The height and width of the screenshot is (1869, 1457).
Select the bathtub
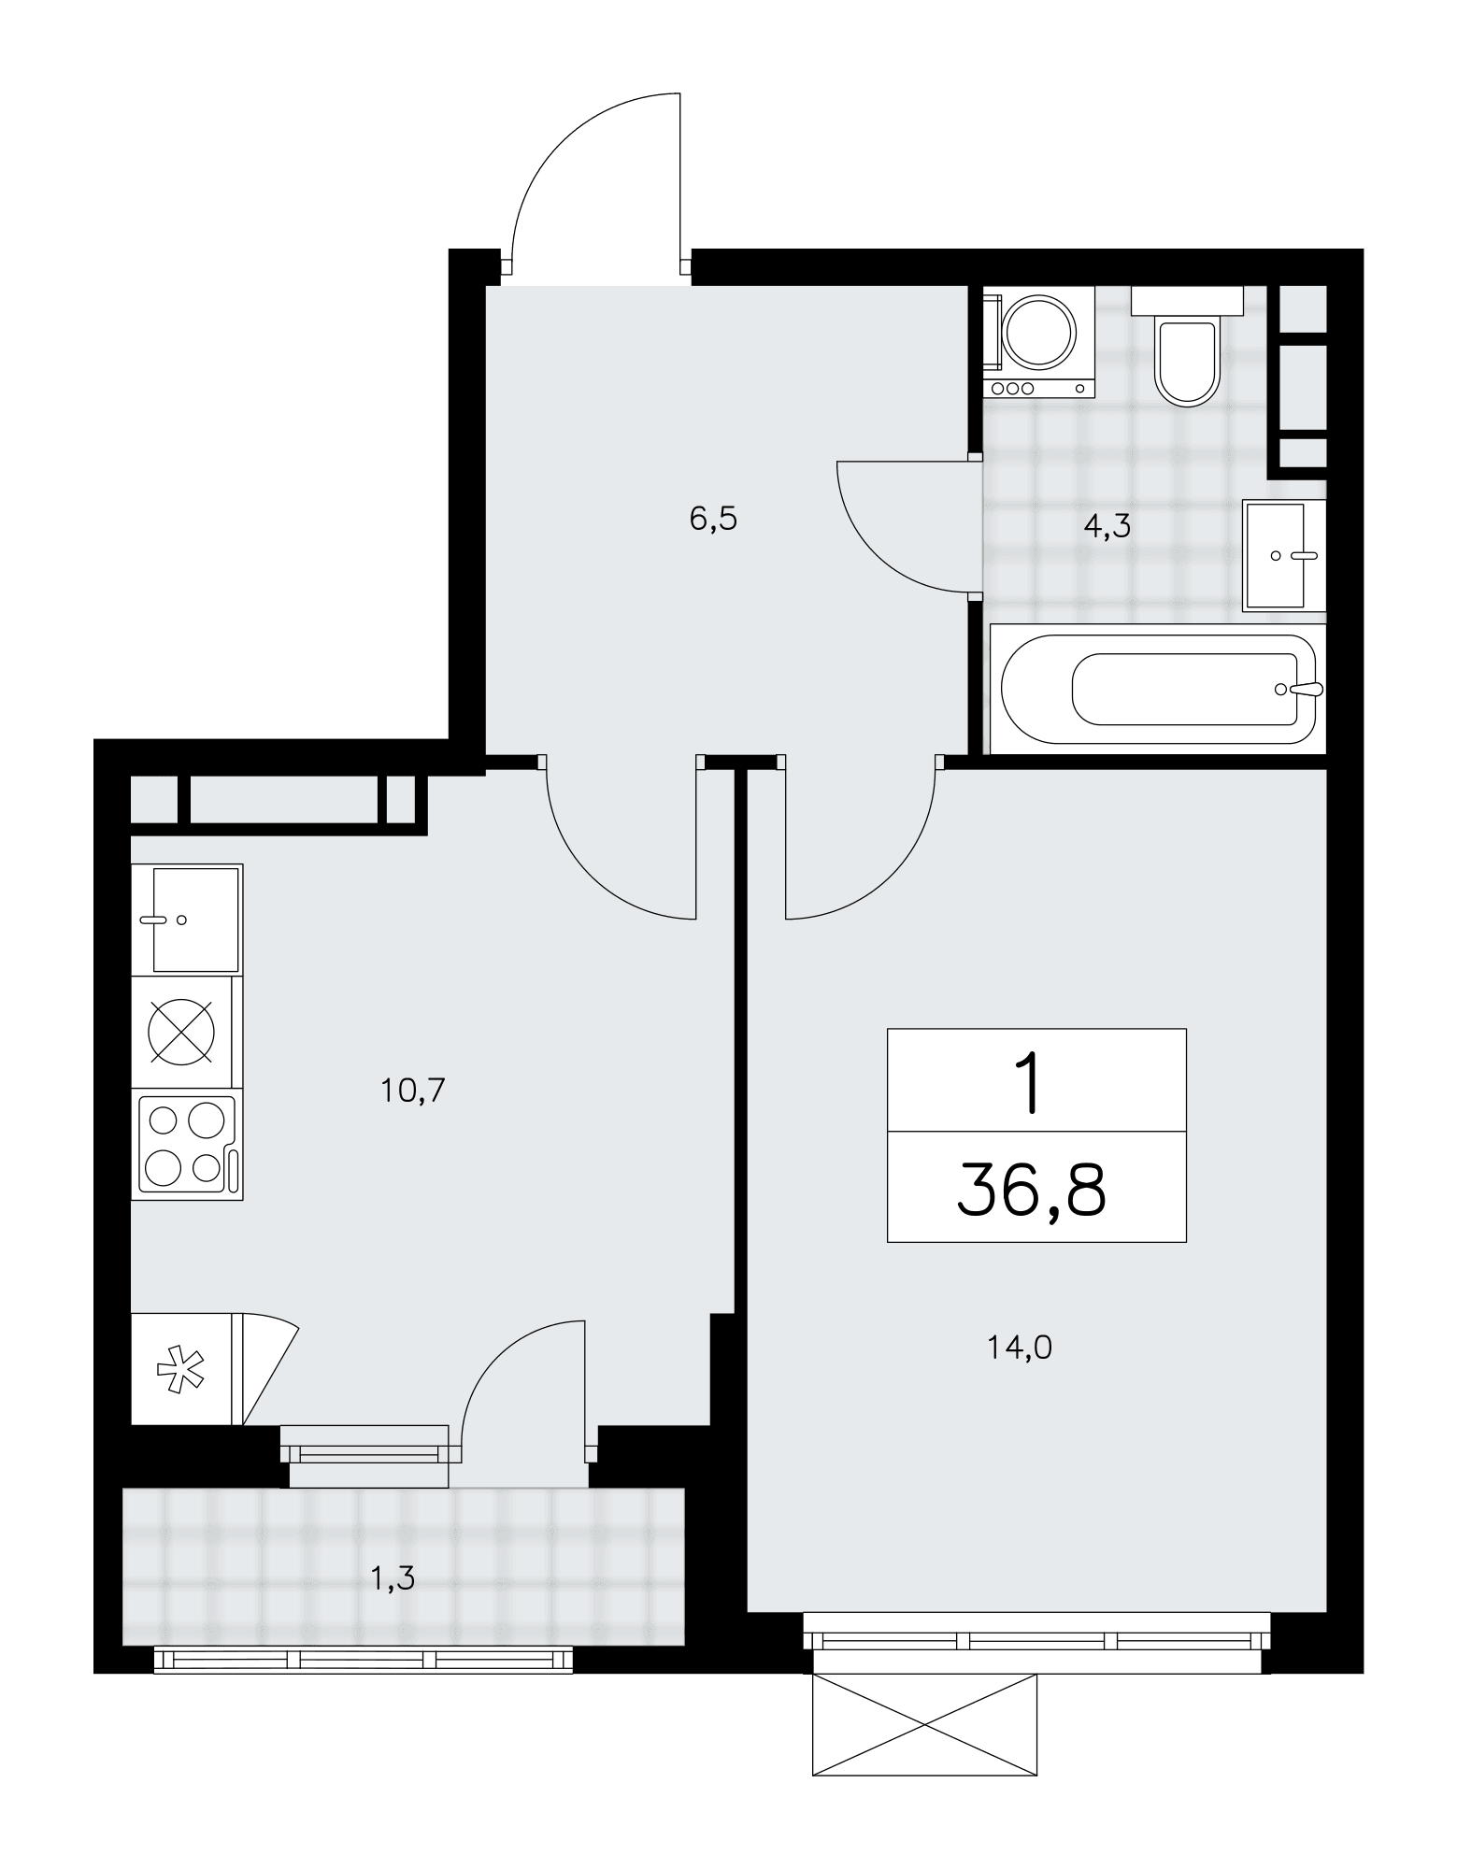coord(1158,689)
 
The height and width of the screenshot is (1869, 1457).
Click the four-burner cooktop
coord(187,1144)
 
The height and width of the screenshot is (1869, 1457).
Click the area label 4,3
coord(1107,527)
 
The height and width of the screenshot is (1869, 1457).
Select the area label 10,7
coord(413,1090)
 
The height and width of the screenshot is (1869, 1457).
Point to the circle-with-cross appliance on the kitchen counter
coord(181,1032)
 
